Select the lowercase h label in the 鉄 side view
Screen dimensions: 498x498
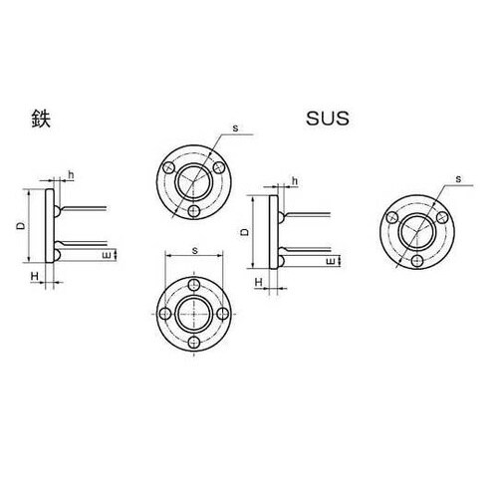[71, 176]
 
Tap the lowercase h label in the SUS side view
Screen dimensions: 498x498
[296, 180]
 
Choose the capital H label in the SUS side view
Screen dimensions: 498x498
[258, 283]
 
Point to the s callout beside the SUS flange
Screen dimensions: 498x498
[456, 179]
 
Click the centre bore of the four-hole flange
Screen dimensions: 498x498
[195, 310]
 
